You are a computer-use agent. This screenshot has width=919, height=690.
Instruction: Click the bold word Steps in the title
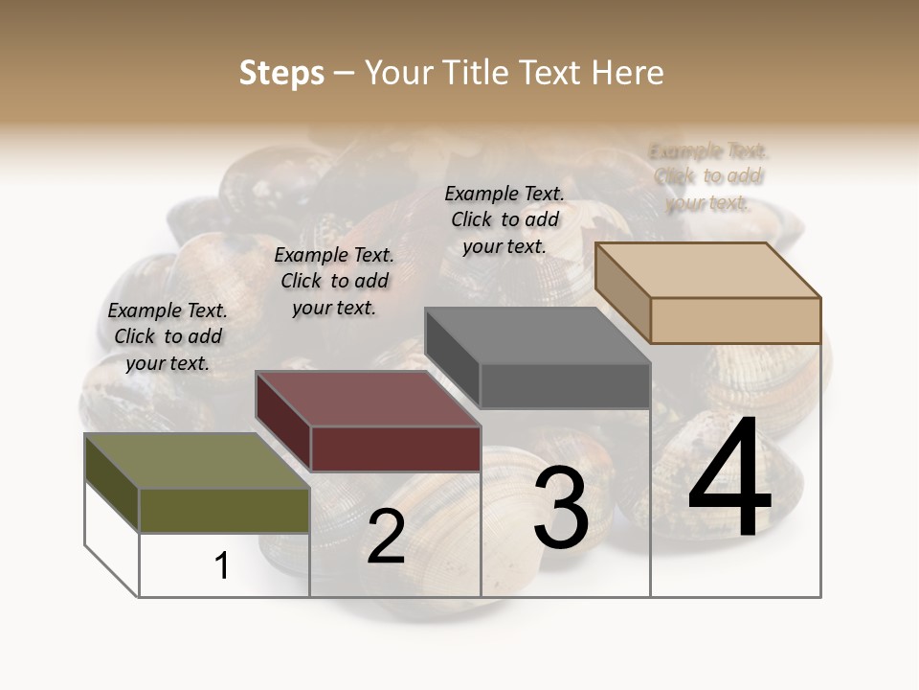(x=281, y=73)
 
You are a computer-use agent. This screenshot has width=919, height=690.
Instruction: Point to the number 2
(x=386, y=537)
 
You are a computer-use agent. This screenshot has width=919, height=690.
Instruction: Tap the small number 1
(x=222, y=565)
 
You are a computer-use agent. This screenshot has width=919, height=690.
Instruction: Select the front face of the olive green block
(x=224, y=510)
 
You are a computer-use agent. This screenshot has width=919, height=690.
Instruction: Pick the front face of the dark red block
(x=395, y=448)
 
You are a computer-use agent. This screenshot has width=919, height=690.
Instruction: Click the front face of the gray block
(x=565, y=385)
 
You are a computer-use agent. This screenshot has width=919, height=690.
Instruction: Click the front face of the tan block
(x=735, y=320)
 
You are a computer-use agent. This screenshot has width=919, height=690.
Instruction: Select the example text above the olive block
(x=168, y=336)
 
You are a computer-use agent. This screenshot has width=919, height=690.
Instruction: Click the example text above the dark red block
(x=334, y=281)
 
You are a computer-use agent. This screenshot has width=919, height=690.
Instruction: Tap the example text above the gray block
(x=504, y=219)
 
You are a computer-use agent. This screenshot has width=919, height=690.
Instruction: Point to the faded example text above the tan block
(x=708, y=176)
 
